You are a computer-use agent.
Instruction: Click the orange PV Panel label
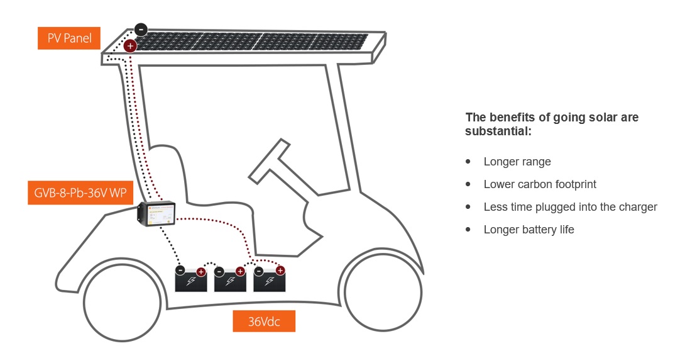click(x=69, y=38)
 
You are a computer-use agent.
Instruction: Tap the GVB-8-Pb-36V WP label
click(x=80, y=193)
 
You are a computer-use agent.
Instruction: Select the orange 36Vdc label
click(x=263, y=321)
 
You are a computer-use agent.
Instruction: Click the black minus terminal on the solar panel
click(x=141, y=30)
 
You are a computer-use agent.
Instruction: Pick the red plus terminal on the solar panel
click(x=130, y=45)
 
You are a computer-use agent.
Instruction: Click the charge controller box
click(x=156, y=215)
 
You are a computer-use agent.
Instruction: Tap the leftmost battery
click(x=190, y=281)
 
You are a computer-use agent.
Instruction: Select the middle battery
click(x=230, y=281)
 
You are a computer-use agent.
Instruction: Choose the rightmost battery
click(x=269, y=281)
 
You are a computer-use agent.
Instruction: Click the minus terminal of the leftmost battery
click(x=180, y=271)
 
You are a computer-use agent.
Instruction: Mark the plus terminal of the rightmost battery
click(x=280, y=271)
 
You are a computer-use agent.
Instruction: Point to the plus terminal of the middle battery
click(x=240, y=271)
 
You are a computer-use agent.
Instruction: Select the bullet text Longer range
click(x=517, y=162)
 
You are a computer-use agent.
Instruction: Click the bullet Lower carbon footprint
click(x=539, y=184)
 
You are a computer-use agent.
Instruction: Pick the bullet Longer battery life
click(x=529, y=230)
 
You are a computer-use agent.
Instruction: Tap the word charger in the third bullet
click(x=637, y=207)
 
